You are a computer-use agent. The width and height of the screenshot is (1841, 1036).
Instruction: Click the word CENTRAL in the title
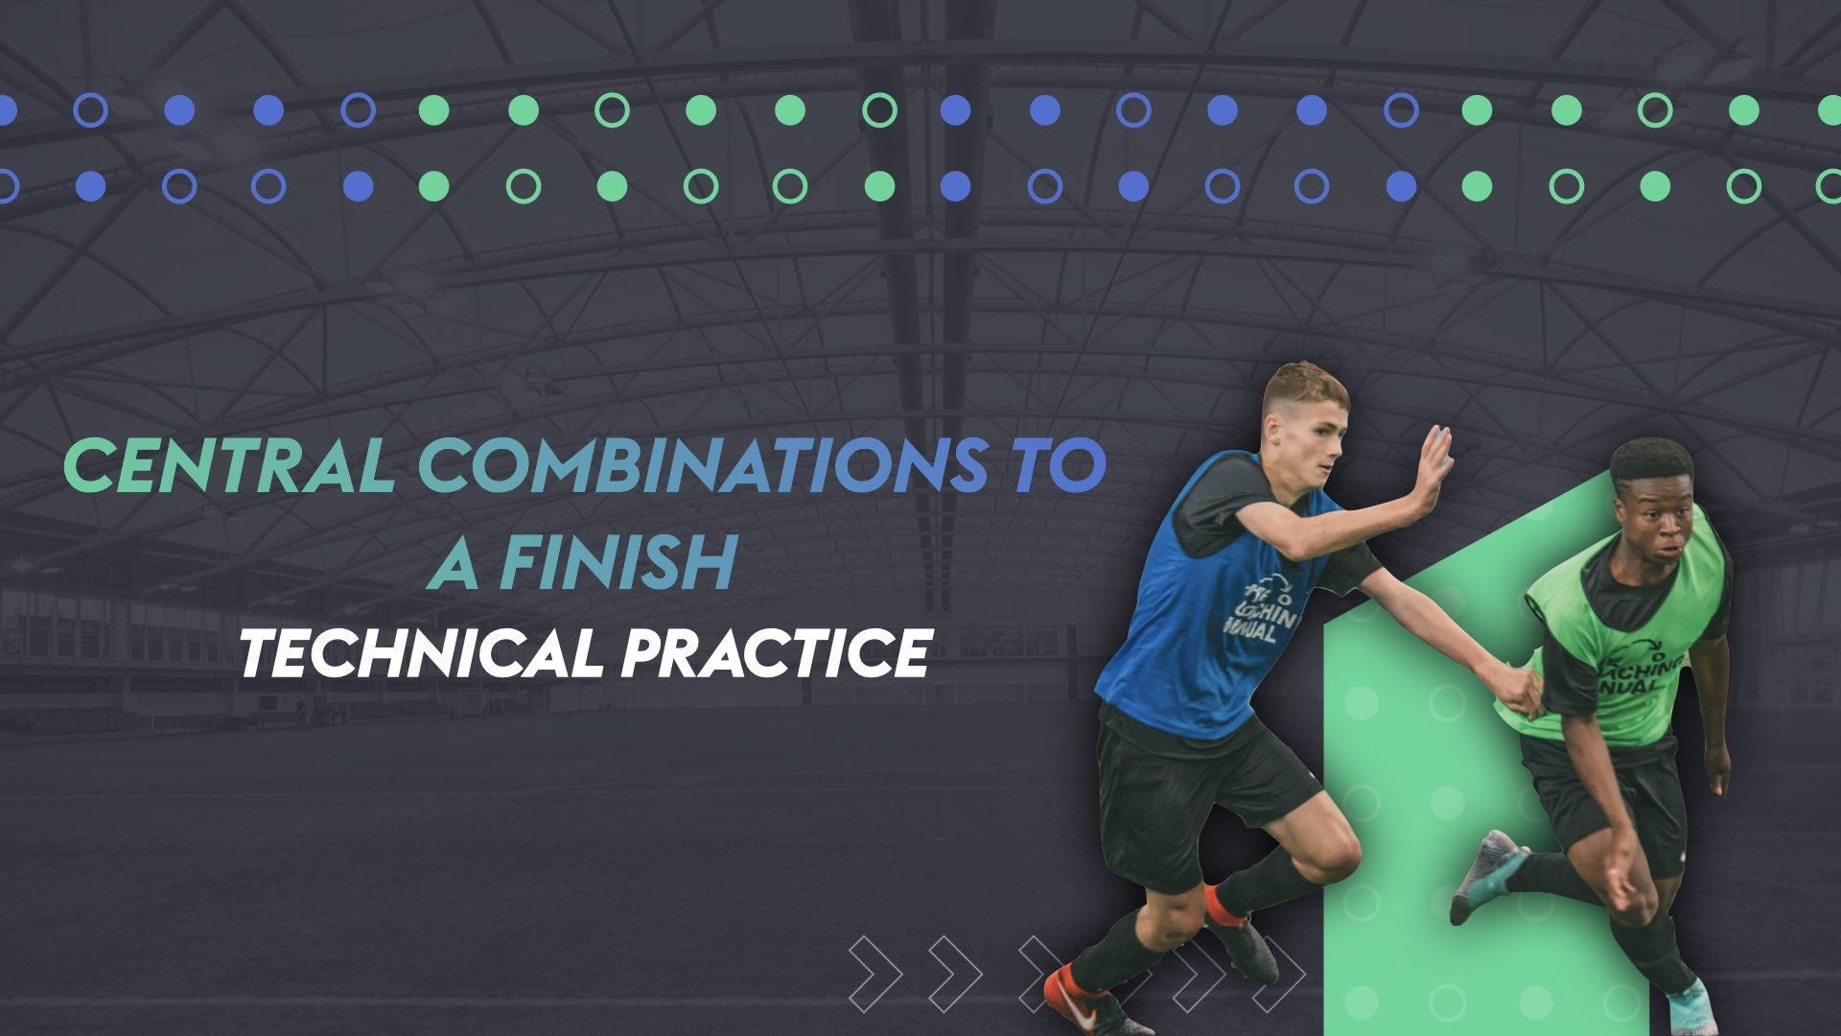pos(228,464)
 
